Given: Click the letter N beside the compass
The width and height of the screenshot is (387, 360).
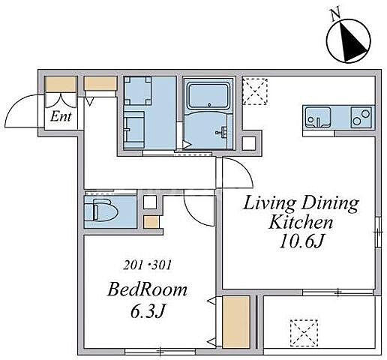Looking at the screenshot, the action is coord(335,14).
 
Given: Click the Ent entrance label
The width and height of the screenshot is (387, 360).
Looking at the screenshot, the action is coord(61,116).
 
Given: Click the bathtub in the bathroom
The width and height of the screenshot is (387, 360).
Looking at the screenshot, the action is coord(208,97).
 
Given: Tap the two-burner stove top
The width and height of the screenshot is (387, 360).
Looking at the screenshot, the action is coord(361,117).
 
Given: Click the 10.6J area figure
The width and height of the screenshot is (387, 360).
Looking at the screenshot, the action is coord(301,241).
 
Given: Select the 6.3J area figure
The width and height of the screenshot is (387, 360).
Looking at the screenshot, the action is coord(148,310).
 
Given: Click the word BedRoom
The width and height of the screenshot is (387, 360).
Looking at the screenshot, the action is coord(147,289).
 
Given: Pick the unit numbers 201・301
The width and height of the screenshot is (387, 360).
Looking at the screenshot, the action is coord(148,265).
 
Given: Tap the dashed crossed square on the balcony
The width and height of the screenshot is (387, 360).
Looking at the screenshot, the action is coord(304,333).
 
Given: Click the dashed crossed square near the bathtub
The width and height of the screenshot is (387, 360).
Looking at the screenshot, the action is coord(255,91).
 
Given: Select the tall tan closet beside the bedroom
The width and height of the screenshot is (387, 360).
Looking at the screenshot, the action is coord(236,322).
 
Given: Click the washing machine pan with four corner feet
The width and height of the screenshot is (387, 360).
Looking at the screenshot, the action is coord(138,91).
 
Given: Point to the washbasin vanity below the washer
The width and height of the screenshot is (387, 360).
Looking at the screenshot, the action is coord(134,130).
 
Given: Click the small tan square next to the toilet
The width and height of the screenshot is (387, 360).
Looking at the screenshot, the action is coord(151,222).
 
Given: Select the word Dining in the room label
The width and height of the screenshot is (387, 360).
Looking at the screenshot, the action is coord(330,204).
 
